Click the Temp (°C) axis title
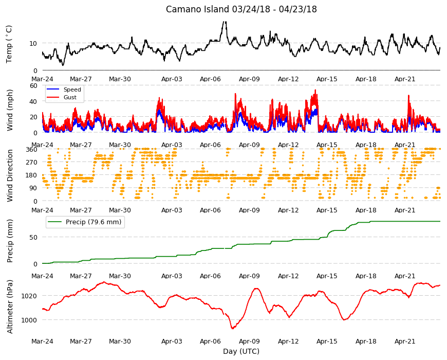click(9, 44)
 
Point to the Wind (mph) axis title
click(10, 110)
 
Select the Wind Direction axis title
click(10, 175)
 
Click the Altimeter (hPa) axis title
click(10, 307)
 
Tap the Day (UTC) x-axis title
click(241, 351)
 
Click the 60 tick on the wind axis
click(33, 85)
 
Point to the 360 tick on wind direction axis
click(32, 149)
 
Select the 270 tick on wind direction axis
click(32, 163)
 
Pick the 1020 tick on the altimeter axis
click(29, 296)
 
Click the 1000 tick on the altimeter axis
click(29, 320)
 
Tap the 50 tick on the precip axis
click(33, 237)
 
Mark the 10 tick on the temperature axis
click(33, 44)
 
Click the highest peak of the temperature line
click(225, 22)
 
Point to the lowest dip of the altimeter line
click(233, 328)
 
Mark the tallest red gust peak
click(315, 90)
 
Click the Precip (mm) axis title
click(10, 241)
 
